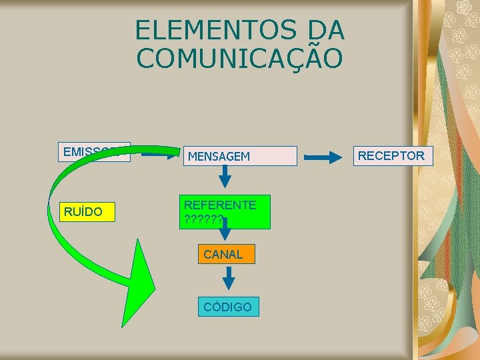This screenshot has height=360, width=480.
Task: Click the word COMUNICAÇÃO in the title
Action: tap(240, 58)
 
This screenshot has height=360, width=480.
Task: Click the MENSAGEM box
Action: tap(240, 156)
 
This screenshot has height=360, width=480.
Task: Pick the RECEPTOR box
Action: tap(393, 156)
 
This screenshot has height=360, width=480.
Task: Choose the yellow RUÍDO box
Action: tap(87, 212)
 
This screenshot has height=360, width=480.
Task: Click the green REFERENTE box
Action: tap(227, 212)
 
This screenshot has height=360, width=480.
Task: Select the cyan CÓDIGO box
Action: tap(228, 307)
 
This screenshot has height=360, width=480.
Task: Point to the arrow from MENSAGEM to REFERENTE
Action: tap(226, 176)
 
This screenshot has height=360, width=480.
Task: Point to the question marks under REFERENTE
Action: tap(203, 219)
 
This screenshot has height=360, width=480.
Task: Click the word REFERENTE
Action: tap(220, 205)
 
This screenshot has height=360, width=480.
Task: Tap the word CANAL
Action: tap(223, 254)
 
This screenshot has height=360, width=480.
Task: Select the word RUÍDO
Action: tap(83, 212)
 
